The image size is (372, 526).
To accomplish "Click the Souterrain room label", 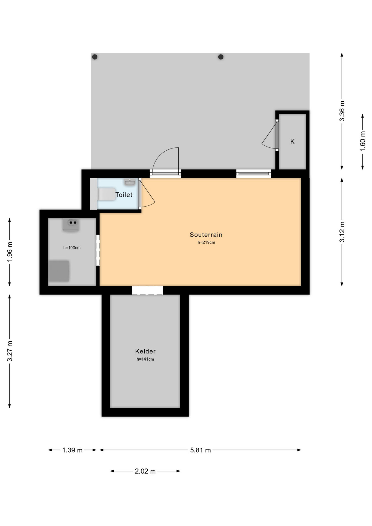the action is coord(206,235).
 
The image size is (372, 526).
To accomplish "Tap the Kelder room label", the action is coord(145,351).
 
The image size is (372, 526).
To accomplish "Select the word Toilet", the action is coord(124,195).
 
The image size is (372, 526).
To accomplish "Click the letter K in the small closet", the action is coord(292,142).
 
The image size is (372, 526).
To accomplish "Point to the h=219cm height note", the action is coord(206,242).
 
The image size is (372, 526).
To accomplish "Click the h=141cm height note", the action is coord(145,359).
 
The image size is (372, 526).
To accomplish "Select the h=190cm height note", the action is coord(72,248).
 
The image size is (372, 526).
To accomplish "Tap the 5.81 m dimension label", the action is coord(201,450).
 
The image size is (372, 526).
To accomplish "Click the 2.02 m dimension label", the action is coord(145,471).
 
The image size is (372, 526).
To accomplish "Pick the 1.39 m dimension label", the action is coord(72,450).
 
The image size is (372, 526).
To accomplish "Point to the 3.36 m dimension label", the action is coord(342,111).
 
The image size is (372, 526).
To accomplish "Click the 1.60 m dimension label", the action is coord(363,141).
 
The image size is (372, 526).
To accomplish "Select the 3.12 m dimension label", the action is coord(342,232).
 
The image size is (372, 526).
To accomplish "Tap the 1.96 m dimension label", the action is coord(10,252).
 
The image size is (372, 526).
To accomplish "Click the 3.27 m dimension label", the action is coord(10,351).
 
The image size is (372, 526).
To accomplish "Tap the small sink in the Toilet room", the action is coord(130,182).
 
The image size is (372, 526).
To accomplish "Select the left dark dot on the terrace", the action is coord(95,57).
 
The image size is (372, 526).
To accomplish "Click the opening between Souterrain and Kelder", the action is coord(147,290).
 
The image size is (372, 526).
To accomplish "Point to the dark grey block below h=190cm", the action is coord(59,271).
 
